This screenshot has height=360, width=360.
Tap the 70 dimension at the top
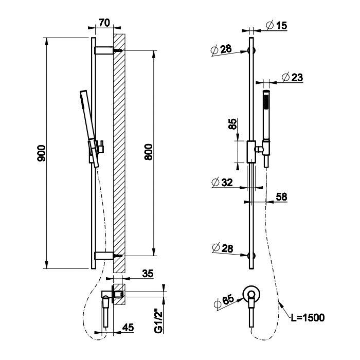104,23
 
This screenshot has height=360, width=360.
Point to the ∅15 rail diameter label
277,25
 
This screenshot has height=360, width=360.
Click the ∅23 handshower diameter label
292,78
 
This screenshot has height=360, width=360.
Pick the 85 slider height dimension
232,124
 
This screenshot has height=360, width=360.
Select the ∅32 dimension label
221,183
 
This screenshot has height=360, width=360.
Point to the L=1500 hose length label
307,317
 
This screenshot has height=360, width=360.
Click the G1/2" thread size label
159,320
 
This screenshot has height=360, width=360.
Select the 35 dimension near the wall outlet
148,274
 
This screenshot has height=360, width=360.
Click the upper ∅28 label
221,50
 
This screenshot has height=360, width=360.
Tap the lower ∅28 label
222,249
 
